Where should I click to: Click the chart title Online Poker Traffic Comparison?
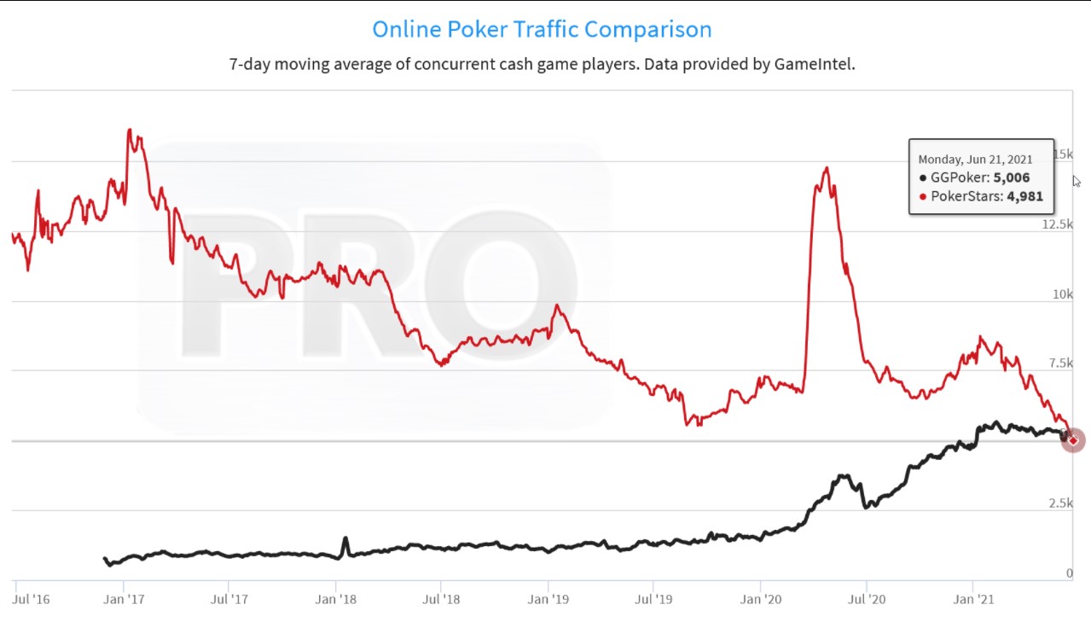tap(542, 30)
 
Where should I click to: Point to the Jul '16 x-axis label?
tap(32, 599)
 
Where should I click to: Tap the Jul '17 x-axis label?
tap(229, 599)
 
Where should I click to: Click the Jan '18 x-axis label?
tap(335, 599)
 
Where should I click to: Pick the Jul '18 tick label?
tap(441, 599)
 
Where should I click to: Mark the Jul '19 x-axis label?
tap(653, 599)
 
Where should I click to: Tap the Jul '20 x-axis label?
tap(866, 599)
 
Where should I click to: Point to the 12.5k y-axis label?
tap(1057, 224)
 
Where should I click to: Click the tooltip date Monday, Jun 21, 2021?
tap(975, 160)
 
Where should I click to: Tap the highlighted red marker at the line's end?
tap(1072, 440)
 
